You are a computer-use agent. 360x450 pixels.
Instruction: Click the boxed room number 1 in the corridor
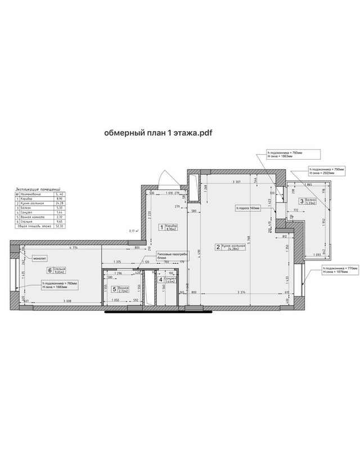coord(161,227)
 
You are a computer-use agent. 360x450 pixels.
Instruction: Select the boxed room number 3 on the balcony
coord(301,201)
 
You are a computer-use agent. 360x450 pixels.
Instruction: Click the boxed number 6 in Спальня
coord(49,271)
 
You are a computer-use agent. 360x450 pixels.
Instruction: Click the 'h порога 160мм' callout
coord(247,208)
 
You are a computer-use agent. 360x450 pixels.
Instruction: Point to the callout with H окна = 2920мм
coord(326,171)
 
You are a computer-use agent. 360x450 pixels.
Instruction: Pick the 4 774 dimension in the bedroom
coord(69,247)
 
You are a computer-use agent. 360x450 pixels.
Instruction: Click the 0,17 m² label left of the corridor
coord(134,230)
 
